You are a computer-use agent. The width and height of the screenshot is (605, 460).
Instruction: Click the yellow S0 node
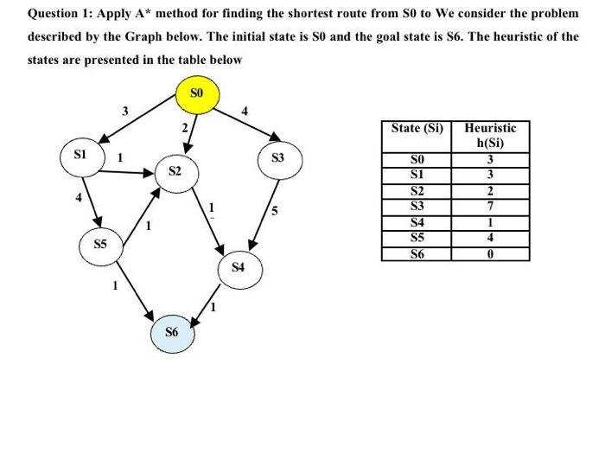(196, 93)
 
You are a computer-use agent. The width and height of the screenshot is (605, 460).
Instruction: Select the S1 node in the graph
(80, 157)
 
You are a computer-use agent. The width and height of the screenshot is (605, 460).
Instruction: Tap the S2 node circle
(175, 172)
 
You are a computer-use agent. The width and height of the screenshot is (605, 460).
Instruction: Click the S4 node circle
(238, 267)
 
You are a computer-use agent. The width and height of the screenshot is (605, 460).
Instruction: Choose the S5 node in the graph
(101, 245)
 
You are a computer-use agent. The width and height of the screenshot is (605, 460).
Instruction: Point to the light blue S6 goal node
(171, 332)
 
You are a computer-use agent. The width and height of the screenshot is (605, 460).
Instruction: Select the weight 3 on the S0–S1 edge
(124, 111)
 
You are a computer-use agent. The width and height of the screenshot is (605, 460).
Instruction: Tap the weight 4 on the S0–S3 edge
(245, 111)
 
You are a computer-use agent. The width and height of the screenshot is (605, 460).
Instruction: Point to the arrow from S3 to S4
(264, 204)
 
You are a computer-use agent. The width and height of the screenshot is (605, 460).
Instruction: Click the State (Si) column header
(417, 128)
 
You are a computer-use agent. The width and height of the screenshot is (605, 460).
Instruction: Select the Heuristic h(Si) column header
(490, 135)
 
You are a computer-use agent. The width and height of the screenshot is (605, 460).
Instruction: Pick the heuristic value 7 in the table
(490, 206)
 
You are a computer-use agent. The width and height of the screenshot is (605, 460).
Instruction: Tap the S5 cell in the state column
(417, 237)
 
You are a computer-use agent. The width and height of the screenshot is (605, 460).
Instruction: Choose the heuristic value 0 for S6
(490, 253)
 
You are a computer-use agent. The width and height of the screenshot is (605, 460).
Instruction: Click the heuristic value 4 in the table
(490, 237)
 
